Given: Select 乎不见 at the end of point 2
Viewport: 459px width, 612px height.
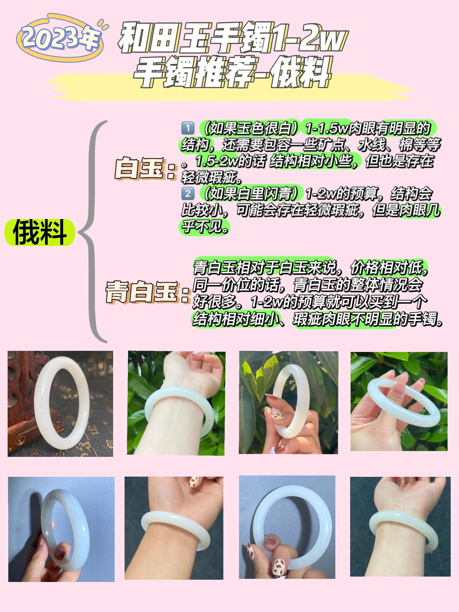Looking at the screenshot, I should pyautogui.click(x=205, y=227).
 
